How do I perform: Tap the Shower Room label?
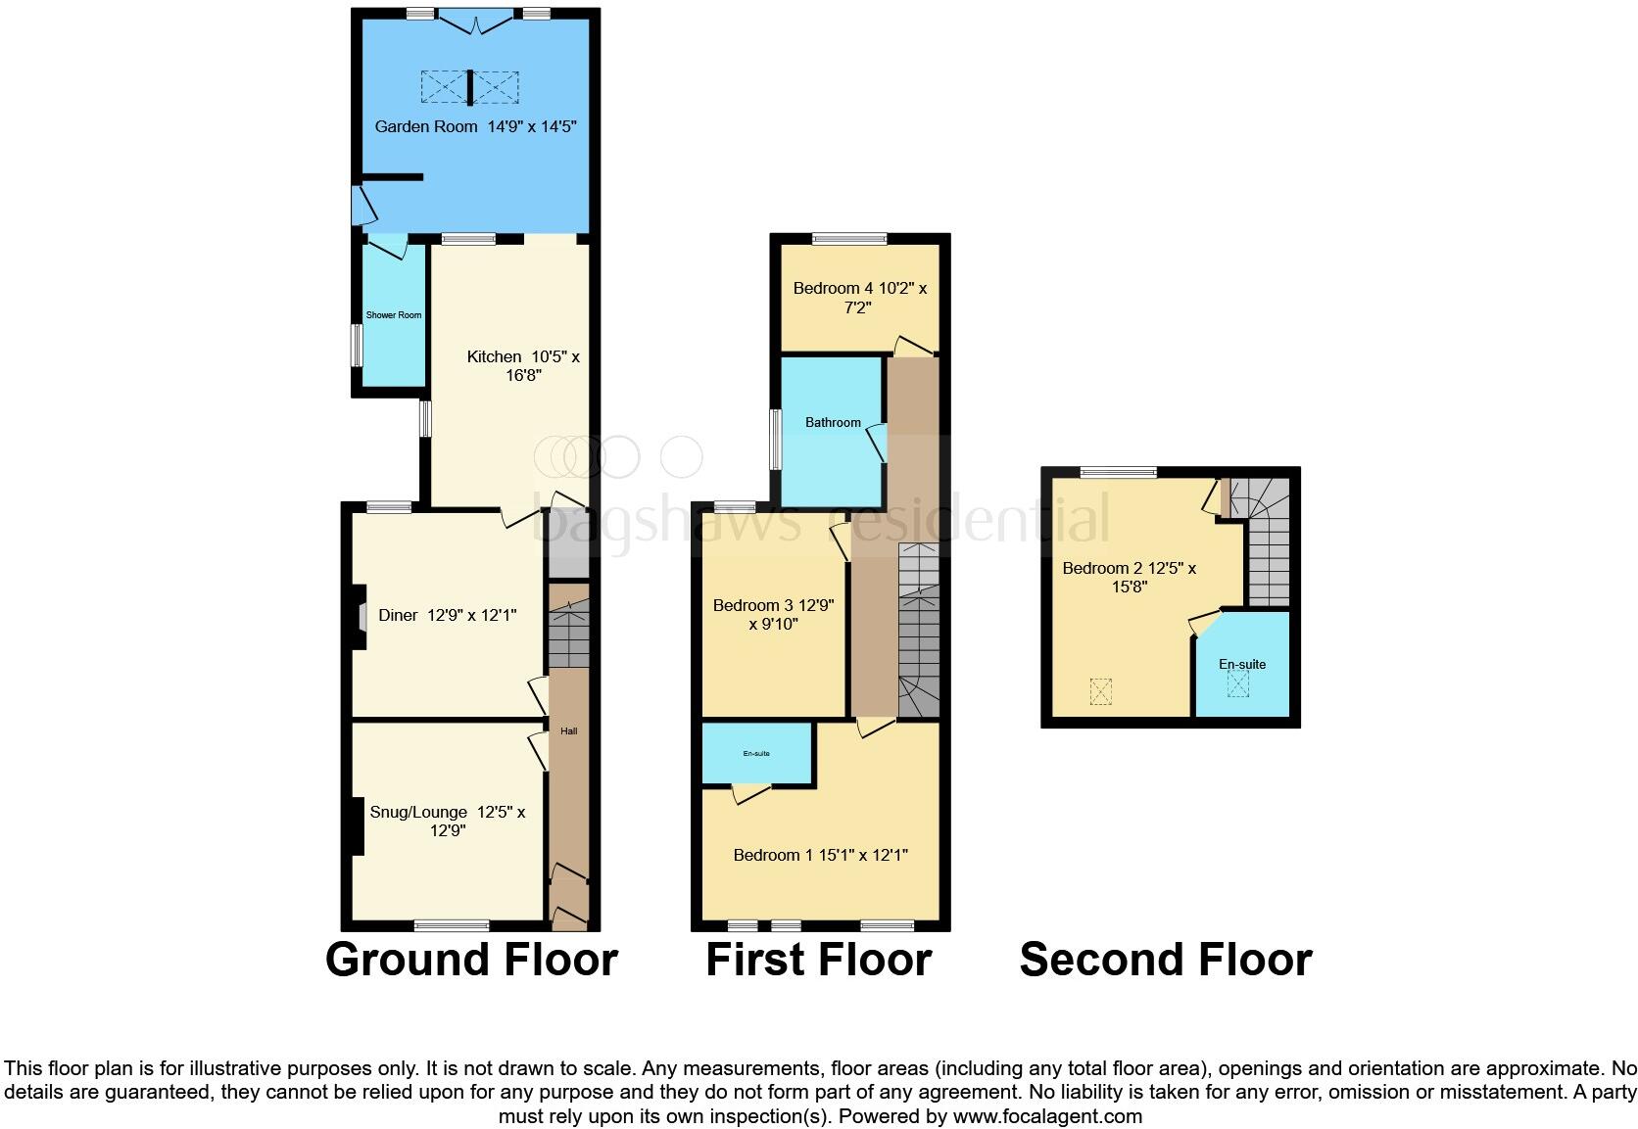click(x=394, y=315)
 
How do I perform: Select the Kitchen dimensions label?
click(x=523, y=366)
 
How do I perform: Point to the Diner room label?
click(x=447, y=615)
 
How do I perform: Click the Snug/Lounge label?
click(x=447, y=821)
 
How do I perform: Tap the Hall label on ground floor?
click(x=569, y=731)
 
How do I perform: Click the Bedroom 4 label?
click(x=859, y=298)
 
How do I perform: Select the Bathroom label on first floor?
click(x=833, y=423)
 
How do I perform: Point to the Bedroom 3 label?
click(x=773, y=614)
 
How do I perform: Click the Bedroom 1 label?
click(x=820, y=855)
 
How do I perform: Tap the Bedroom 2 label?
click(x=1129, y=577)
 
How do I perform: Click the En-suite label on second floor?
click(x=1242, y=664)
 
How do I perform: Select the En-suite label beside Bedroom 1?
click(x=756, y=753)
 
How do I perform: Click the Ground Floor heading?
click(x=471, y=960)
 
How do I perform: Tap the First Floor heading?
click(x=818, y=960)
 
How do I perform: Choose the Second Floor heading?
click(x=1166, y=960)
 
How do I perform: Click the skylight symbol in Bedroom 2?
click(x=1102, y=691)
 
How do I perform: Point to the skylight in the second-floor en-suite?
click(x=1239, y=683)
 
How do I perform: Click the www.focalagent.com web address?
click(x=1046, y=1115)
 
